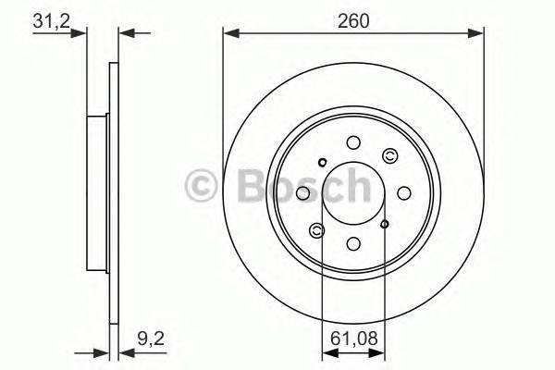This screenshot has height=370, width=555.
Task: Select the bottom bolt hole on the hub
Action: [x=353, y=244]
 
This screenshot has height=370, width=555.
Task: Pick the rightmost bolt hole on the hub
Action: [x=405, y=192]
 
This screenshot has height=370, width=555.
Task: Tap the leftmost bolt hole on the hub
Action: [x=302, y=192]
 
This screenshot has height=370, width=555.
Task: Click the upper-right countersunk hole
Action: [x=389, y=156]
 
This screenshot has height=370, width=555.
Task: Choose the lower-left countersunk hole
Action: [x=317, y=229]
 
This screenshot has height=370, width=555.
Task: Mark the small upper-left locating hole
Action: [x=322, y=163]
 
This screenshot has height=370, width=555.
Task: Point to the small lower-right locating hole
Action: [x=386, y=223]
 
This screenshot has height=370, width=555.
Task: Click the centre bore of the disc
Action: [x=353, y=192]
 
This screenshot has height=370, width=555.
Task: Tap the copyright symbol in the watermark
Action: [x=203, y=186]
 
